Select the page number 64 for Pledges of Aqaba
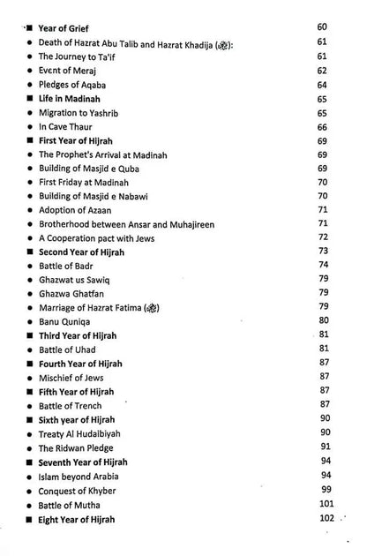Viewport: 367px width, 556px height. coord(321,85)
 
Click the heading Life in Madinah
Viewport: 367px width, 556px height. coord(70,99)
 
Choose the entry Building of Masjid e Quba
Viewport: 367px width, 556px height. coord(89,169)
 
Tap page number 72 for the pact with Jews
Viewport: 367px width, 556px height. coord(322,238)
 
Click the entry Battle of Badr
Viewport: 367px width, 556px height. coord(66,266)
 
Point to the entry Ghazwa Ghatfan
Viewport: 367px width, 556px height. coord(71,293)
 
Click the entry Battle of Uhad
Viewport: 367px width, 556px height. coord(66,349)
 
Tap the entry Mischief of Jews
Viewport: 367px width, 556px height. coord(71,378)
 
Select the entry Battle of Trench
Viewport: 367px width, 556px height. coord(71,405)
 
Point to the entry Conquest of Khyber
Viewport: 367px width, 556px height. coord(78,490)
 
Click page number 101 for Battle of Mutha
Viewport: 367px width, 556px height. coord(327,504)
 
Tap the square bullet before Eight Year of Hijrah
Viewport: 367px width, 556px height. coord(30,519)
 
